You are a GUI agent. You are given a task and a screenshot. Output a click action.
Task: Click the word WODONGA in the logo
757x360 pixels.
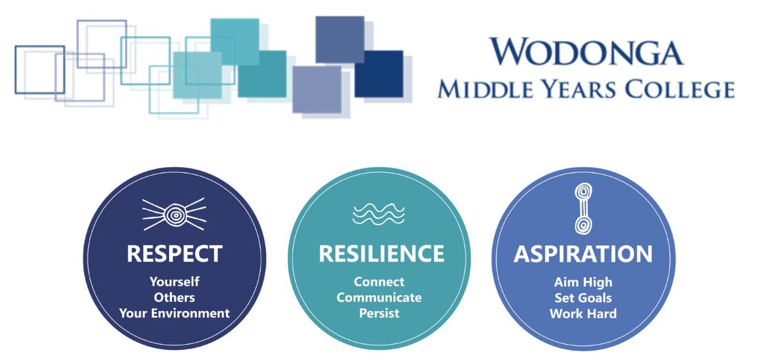tap(586, 51)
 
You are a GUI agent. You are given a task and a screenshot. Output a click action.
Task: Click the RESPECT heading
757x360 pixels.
tap(175, 253)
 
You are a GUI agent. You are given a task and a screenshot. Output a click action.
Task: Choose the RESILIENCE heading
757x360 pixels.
tap(381, 253)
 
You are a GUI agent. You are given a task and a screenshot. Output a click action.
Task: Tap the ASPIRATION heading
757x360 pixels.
tap(583, 253)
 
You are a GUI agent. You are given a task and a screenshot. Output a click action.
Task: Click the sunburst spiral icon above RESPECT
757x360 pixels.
tap(175, 214)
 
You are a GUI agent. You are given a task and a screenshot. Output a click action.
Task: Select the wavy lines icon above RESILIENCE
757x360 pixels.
tap(378, 214)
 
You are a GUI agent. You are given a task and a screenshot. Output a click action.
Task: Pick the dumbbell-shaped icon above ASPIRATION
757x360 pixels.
tap(583, 207)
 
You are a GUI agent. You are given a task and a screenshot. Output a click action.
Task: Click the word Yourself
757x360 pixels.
tap(175, 282)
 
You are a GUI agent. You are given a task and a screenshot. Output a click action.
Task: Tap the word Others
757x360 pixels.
tap(175, 298)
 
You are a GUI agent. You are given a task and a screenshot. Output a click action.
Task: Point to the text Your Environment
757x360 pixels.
tap(175, 313)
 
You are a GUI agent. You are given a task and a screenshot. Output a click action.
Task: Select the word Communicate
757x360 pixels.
tap(378, 298)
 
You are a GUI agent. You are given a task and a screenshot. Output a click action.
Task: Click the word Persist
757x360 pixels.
tap(378, 313)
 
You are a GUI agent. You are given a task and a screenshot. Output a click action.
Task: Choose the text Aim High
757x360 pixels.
tap(583, 282)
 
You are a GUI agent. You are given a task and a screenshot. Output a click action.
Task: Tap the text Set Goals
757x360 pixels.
tap(583, 298)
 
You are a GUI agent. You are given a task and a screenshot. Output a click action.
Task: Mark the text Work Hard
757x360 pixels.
tap(583, 313)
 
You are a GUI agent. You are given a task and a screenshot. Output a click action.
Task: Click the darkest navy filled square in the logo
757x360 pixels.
tap(378, 74)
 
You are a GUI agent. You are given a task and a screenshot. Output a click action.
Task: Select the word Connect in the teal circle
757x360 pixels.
tap(378, 282)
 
